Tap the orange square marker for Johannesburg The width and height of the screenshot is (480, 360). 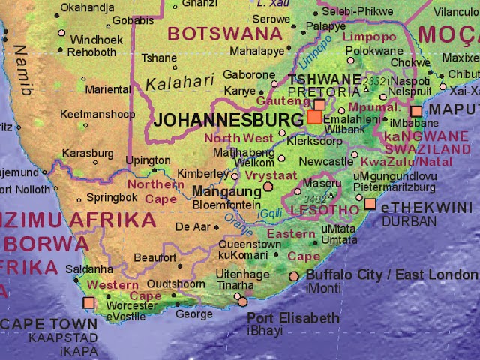click(313, 117)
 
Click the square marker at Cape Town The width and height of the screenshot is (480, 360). click(88, 302)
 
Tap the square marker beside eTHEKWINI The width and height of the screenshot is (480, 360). click(370, 204)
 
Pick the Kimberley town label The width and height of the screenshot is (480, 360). click(202, 174)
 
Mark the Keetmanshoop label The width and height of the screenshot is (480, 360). click(97, 115)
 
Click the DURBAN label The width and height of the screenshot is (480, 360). click(409, 222)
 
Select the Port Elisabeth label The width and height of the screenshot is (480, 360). click(293, 318)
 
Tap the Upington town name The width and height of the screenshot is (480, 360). click(148, 160)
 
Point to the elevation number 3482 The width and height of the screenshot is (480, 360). click(316, 199)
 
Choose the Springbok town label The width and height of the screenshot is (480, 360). click(112, 198)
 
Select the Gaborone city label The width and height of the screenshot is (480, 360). click(250, 75)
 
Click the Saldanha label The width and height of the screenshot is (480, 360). click(89, 269)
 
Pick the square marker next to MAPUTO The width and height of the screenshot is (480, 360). click(416, 112)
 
